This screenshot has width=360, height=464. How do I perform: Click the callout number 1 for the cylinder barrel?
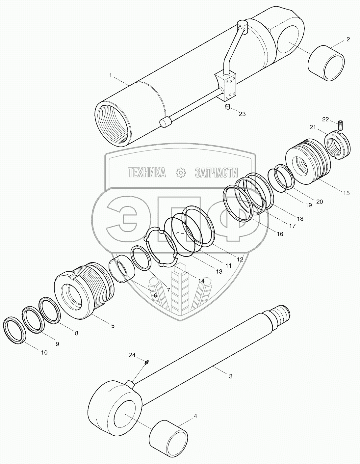coord(111,75)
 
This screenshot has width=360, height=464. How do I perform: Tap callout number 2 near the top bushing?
coord(348,39)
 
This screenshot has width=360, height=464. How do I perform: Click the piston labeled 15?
coord(308,161)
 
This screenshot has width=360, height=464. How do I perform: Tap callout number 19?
coord(308,205)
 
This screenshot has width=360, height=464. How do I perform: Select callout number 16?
coord(279,234)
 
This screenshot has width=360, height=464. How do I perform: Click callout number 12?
coord(240,259)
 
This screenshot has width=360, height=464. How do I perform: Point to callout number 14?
coord(201,281)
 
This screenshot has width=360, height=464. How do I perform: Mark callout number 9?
coord(57,344)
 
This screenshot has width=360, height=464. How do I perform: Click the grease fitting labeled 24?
coord(147,363)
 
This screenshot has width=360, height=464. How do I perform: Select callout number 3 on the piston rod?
coord(230,376)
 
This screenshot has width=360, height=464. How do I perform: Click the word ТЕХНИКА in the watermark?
coord(147,173)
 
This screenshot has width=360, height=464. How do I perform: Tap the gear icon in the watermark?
coord(181,173)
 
